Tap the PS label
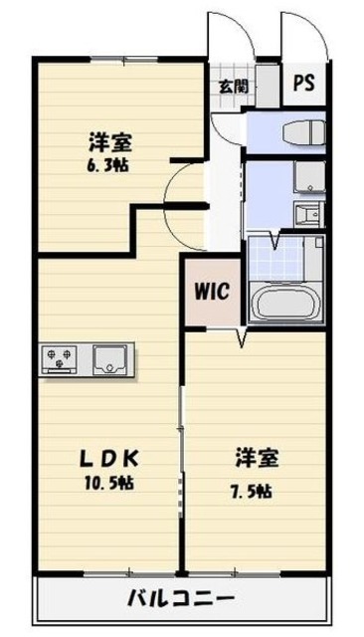point(303,84)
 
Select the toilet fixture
point(300,132)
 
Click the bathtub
point(286,302)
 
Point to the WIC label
point(211,293)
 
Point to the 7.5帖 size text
point(256,492)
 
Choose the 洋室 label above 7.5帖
point(256,459)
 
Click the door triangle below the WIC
point(241,340)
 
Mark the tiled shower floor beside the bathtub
point(273,257)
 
